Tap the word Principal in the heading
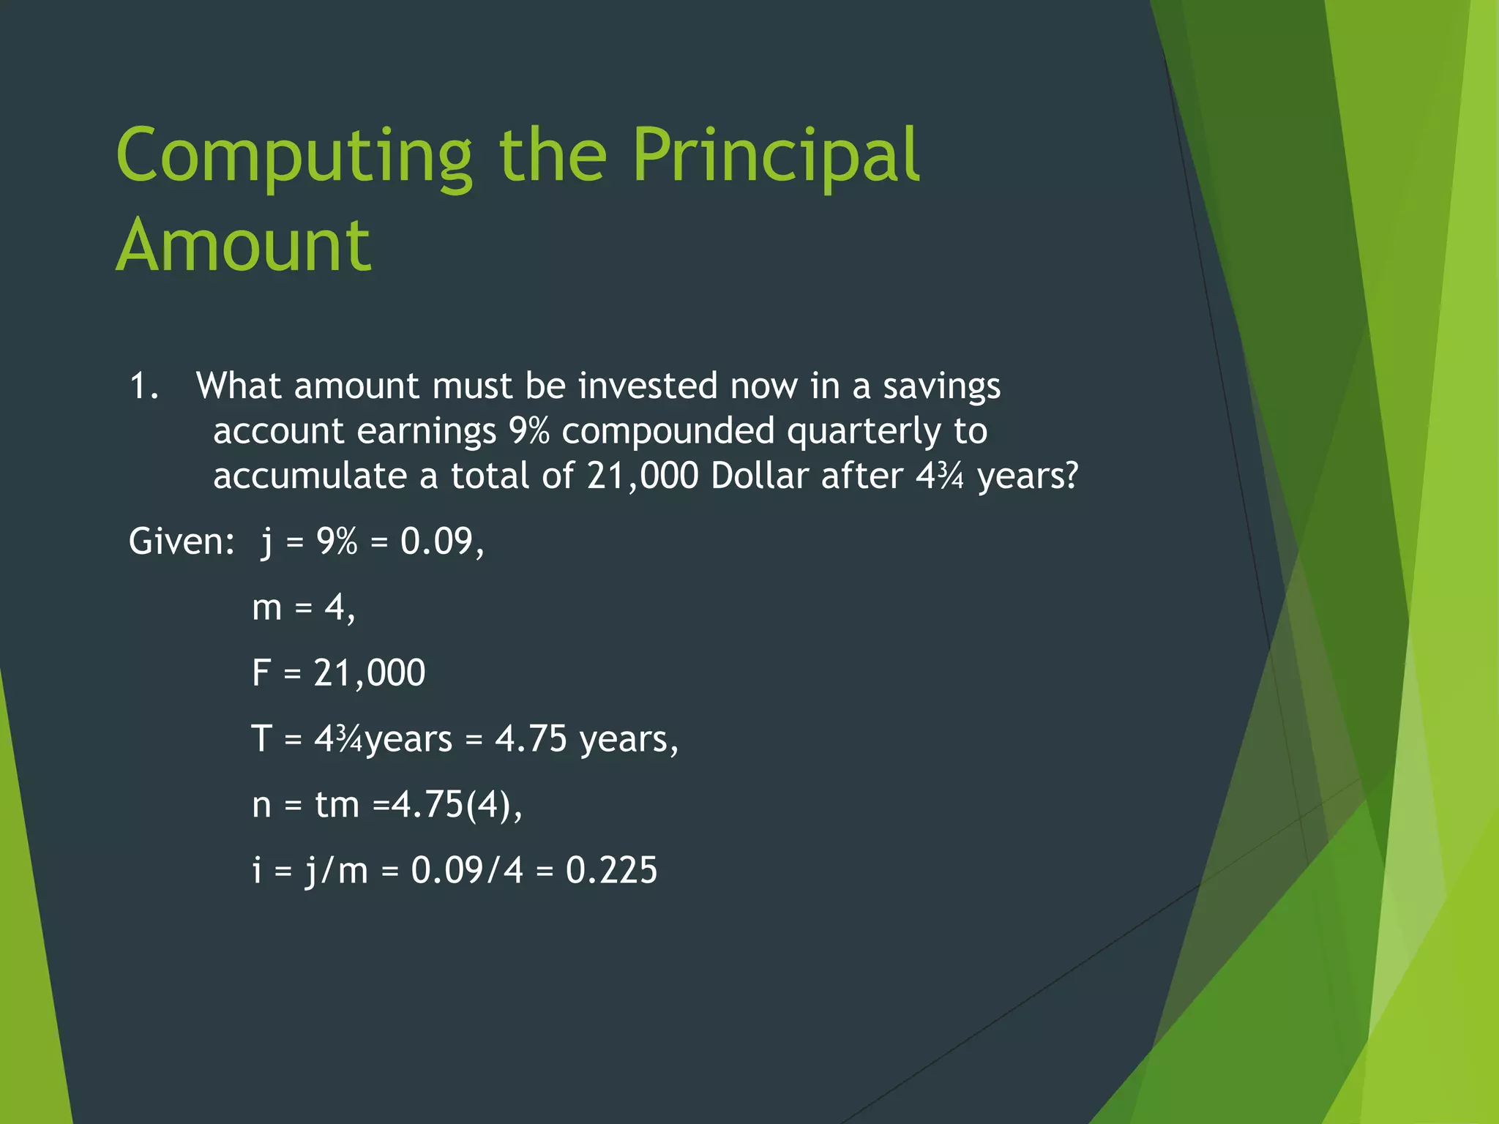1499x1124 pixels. pyautogui.click(x=775, y=156)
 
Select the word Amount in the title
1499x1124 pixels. pyautogui.click(x=243, y=246)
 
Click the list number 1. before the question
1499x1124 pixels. pyautogui.click(x=143, y=386)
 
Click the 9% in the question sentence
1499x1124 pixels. pyautogui.click(x=528, y=430)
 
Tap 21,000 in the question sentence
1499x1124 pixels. pyautogui.click(x=643, y=476)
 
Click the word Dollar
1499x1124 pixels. pyautogui.click(x=760, y=476)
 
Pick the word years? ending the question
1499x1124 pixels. pyautogui.click(x=1028, y=476)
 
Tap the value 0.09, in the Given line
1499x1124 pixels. pyautogui.click(x=442, y=542)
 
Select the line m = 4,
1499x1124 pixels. pyautogui.click(x=303, y=607)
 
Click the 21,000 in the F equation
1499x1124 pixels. pyautogui.click(x=369, y=672)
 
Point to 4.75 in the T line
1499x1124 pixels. pyautogui.click(x=531, y=738)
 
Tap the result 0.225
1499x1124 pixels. pyautogui.click(x=611, y=870)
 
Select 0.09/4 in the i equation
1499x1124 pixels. pyautogui.click(x=467, y=870)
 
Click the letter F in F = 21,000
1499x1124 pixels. pyautogui.click(x=261, y=672)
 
